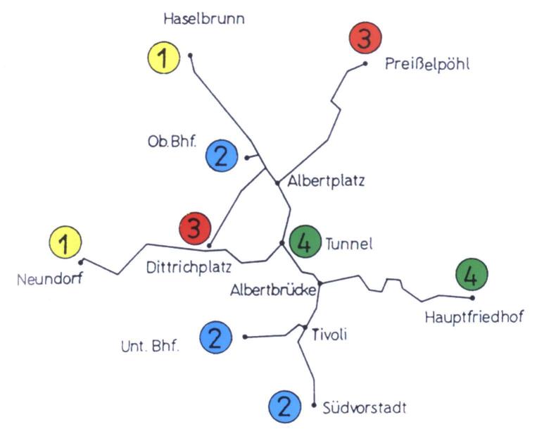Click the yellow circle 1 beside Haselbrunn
tap(164, 58)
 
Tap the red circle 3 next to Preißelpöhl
tap(365, 40)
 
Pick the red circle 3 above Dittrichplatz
tap(195, 228)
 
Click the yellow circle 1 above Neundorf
tap(65, 244)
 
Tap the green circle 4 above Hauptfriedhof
tap(471, 275)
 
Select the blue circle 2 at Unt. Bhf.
tap(216, 337)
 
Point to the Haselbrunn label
tap(204, 19)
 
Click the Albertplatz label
tap(326, 181)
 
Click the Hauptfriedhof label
tap(474, 317)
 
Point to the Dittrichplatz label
tap(189, 268)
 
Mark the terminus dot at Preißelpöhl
tap(365, 63)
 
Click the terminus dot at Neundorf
tap(82, 262)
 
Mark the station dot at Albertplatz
tap(278, 182)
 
